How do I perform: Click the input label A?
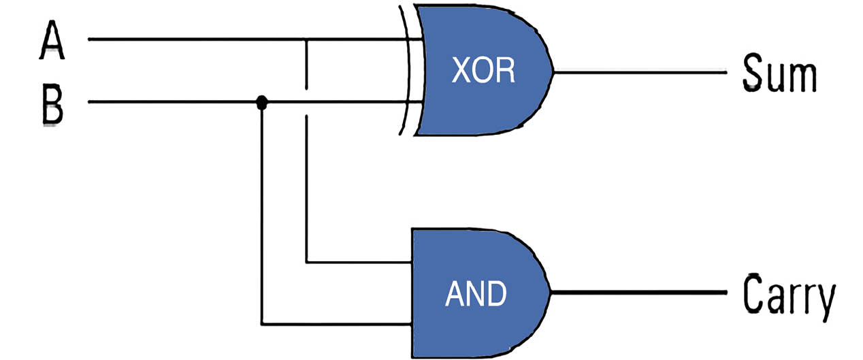click(x=52, y=39)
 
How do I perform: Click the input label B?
click(x=52, y=104)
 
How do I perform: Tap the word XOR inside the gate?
click(x=483, y=70)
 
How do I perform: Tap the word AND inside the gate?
click(x=476, y=293)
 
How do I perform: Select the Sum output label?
click(x=779, y=73)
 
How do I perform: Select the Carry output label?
click(x=789, y=297)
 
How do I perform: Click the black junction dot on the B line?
click(x=261, y=102)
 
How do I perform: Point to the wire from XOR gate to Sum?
click(x=640, y=71)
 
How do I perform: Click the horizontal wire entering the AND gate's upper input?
click(x=359, y=263)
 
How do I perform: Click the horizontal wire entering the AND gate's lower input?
click(x=336, y=325)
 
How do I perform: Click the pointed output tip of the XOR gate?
click(x=553, y=71)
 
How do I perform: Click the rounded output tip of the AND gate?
click(x=551, y=293)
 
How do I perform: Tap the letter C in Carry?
click(x=753, y=293)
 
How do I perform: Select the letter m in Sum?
click(x=801, y=78)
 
